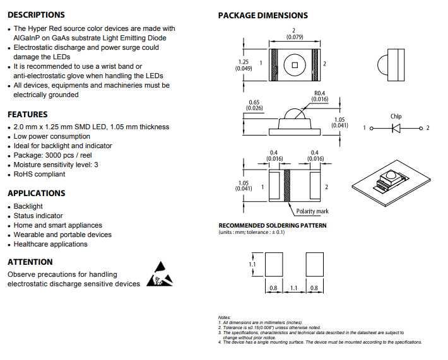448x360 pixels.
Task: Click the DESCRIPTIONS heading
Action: pyautogui.click(x=36, y=15)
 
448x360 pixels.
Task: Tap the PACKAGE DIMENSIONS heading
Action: pyautogui.click(x=263, y=15)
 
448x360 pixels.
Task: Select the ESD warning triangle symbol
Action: pyautogui.click(x=160, y=274)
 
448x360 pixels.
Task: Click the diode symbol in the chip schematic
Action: pyautogui.click(x=396, y=128)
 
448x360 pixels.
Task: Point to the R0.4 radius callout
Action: pyautogui.click(x=320, y=96)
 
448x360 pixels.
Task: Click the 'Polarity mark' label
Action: pyautogui.click(x=312, y=211)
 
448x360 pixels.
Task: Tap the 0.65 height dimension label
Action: pyautogui.click(x=254, y=105)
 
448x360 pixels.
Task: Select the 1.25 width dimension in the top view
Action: pyautogui.click(x=244, y=65)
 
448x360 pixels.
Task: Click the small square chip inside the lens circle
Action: pyautogui.click(x=295, y=65)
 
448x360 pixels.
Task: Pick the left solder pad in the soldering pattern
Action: pyautogui.click(x=274, y=264)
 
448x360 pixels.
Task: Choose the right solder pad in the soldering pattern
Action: pyautogui.click(x=315, y=264)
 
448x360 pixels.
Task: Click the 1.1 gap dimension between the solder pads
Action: pyautogui.click(x=294, y=288)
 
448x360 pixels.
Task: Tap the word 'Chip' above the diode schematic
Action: pyautogui.click(x=396, y=116)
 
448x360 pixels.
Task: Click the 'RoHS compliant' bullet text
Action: pyautogui.click(x=39, y=174)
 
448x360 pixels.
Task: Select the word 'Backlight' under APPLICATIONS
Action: pyautogui.click(x=28, y=206)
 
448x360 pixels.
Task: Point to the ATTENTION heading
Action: pyautogui.click(x=30, y=262)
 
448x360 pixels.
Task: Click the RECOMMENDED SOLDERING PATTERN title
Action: pyautogui.click(x=273, y=226)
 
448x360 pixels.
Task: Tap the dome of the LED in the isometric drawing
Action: pyautogui.click(x=390, y=174)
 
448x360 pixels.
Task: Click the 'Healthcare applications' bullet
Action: pyautogui.click(x=50, y=244)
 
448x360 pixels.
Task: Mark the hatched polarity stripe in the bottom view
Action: pyautogui.click(x=287, y=185)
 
